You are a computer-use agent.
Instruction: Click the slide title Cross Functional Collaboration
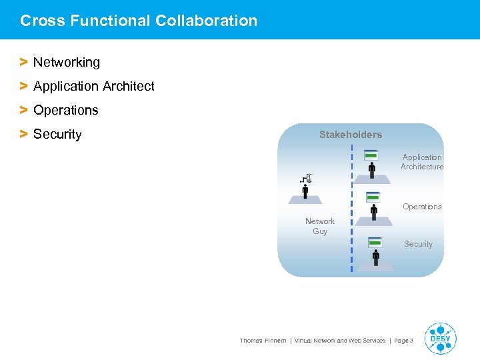tap(139, 21)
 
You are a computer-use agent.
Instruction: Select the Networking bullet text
tap(67, 63)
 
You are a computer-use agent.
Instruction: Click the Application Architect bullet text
tap(93, 87)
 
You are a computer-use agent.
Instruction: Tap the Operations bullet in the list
tap(65, 111)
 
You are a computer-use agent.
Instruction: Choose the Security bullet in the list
tap(57, 135)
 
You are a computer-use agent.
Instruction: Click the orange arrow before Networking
tap(23, 62)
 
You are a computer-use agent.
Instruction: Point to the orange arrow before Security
tap(23, 134)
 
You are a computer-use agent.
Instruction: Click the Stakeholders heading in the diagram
tap(350, 135)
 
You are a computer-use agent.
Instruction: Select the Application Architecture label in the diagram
tap(422, 162)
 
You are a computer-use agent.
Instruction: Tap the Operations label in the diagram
tap(422, 207)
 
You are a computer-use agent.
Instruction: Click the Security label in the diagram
tap(418, 244)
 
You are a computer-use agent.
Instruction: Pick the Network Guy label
tap(320, 226)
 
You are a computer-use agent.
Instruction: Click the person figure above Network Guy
tap(305, 191)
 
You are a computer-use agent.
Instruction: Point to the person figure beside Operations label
tap(373, 211)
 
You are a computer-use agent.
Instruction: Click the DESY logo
tap(441, 339)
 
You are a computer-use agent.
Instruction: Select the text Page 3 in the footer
tap(403, 341)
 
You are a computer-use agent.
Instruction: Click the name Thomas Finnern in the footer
tap(263, 341)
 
